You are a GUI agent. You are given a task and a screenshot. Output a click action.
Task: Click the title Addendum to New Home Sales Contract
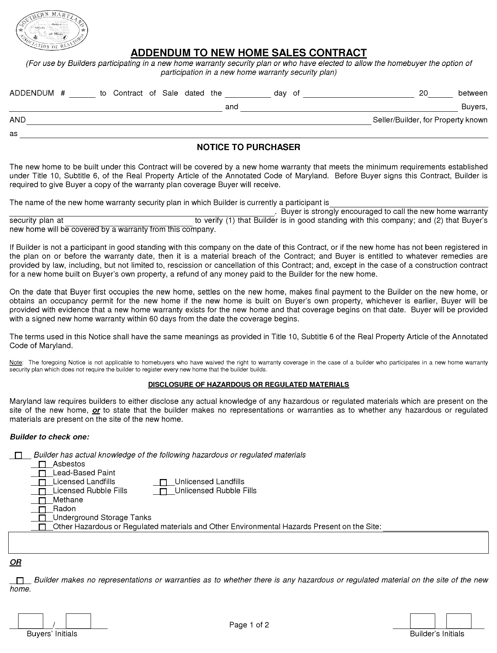248,53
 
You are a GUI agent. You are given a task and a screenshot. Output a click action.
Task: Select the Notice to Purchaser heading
248,147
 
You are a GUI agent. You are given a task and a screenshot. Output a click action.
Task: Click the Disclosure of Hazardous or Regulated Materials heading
248,385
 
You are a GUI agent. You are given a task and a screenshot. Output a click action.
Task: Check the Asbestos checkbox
42,465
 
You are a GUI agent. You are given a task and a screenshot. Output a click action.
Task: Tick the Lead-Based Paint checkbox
42,474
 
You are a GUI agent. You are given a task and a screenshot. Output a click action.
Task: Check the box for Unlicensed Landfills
163,482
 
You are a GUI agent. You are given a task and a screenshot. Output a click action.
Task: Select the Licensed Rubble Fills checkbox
42,491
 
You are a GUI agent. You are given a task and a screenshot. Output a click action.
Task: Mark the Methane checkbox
42,500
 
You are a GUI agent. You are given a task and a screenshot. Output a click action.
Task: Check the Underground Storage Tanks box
42,518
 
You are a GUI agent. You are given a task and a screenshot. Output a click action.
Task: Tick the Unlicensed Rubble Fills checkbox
163,491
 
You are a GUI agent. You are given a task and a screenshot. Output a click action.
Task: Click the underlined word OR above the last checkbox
16,562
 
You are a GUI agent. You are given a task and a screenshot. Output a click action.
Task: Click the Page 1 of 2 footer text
249,625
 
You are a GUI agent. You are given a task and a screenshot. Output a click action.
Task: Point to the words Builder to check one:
49,437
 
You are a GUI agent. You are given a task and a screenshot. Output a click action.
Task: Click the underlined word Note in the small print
16,363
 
